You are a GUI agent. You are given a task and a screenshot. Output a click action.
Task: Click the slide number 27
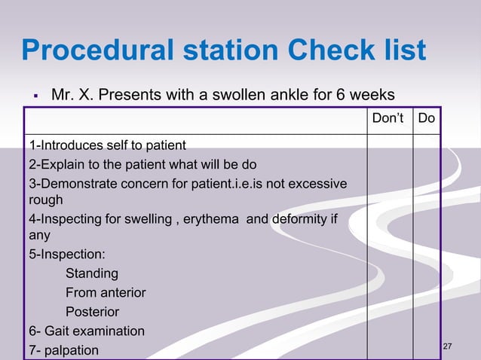point(448,346)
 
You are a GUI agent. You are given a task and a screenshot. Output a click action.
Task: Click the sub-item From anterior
point(105,293)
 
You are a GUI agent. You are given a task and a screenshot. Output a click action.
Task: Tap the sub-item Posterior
point(92,312)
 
